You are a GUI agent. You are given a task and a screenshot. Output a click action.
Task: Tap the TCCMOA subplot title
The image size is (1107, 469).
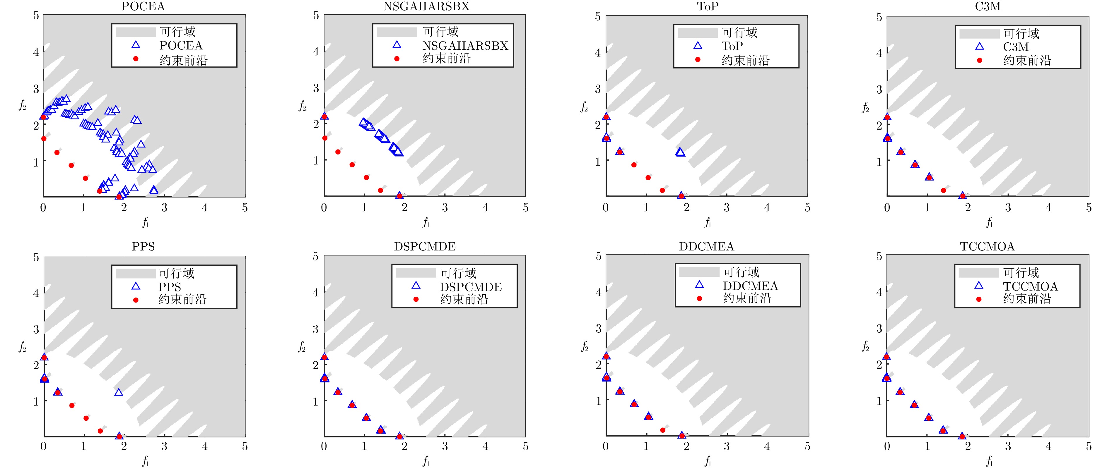click(987, 247)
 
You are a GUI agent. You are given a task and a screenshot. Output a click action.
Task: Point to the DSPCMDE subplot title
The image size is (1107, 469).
click(425, 247)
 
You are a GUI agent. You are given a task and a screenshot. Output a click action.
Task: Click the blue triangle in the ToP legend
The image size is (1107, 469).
click(698, 46)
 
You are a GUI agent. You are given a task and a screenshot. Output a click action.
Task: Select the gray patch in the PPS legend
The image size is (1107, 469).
click(135, 273)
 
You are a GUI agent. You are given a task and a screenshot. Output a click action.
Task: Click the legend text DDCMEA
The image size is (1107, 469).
click(750, 286)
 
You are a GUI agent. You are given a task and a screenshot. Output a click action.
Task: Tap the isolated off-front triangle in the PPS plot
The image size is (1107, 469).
click(119, 392)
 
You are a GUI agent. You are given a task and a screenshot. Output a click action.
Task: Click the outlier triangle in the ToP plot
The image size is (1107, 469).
click(680, 152)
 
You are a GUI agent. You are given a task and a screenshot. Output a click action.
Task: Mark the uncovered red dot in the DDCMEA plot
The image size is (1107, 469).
click(662, 430)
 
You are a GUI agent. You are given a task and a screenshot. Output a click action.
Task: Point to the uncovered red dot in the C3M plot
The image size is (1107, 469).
click(943, 190)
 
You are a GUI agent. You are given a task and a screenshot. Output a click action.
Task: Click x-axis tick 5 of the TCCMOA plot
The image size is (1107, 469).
click(1089, 447)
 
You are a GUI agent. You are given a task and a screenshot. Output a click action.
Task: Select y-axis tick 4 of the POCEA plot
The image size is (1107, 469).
click(36, 52)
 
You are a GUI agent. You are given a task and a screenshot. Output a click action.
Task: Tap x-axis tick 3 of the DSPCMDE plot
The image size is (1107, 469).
click(445, 447)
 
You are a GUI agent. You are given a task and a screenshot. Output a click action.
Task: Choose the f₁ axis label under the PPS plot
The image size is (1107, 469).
click(146, 462)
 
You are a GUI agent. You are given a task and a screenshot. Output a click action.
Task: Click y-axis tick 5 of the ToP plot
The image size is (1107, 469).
click(597, 16)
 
